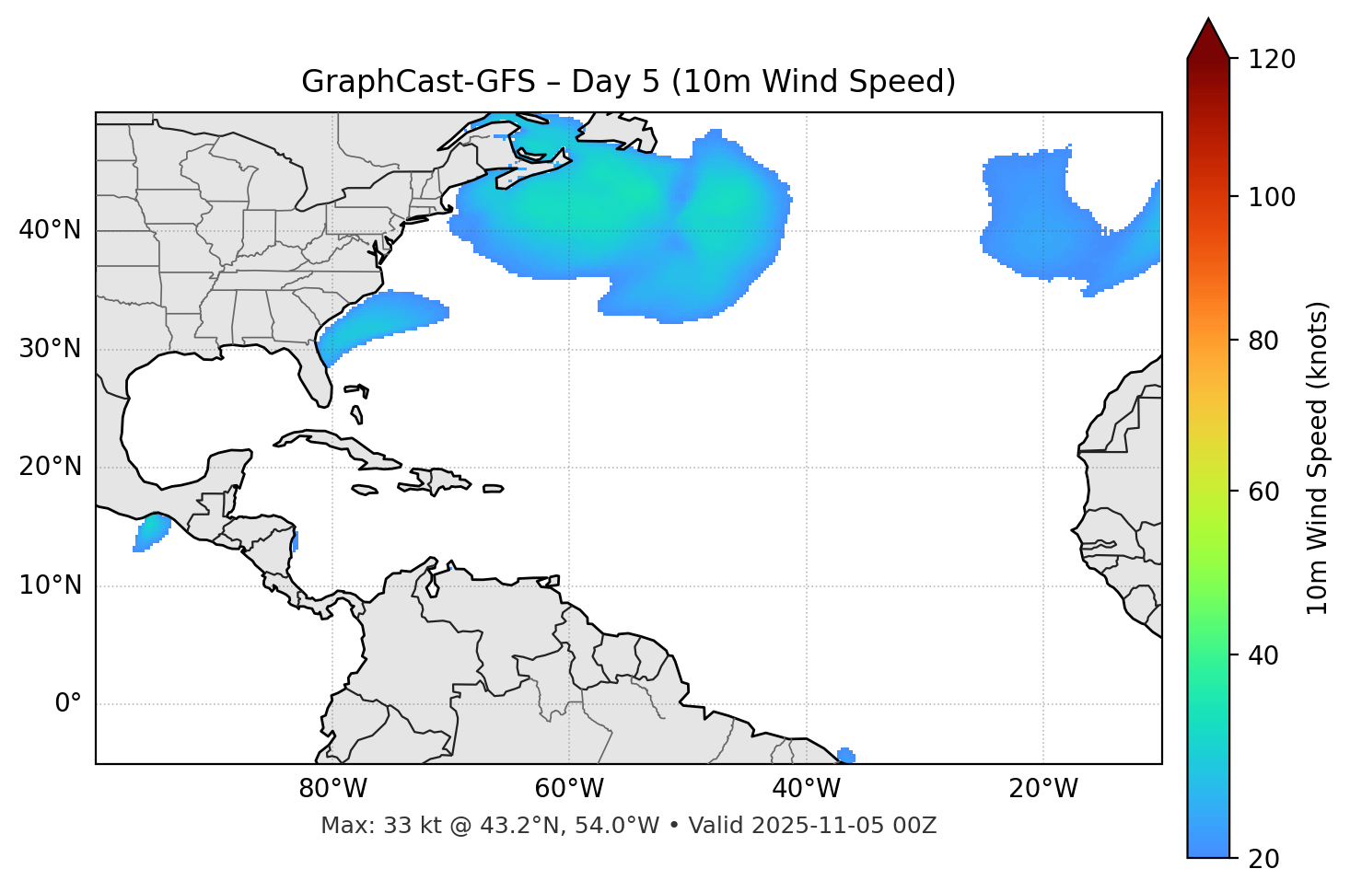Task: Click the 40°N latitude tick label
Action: (x=50, y=230)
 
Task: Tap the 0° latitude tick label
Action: (x=68, y=704)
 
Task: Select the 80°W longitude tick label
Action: (x=332, y=789)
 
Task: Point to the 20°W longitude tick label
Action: (x=1043, y=789)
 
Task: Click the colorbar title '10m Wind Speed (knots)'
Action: (x=1318, y=458)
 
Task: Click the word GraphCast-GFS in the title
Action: (x=418, y=82)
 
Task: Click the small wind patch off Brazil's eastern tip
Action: (x=846, y=756)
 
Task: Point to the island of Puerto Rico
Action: (x=494, y=489)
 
